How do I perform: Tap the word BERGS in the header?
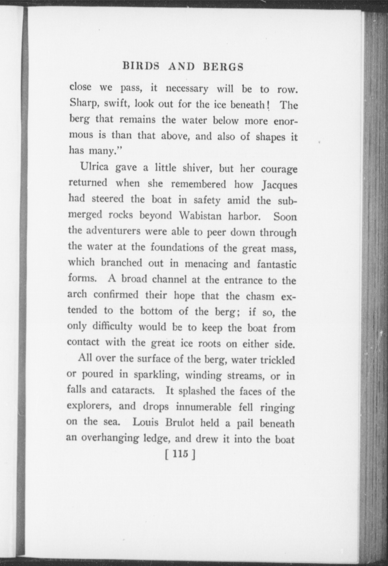click(223, 67)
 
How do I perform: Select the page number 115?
click(180, 453)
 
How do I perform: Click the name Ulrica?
click(94, 167)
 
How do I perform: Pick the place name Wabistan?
click(200, 216)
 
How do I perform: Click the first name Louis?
click(145, 422)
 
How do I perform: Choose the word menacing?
click(206, 264)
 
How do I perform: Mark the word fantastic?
click(276, 264)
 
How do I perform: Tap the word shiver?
click(197, 168)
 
